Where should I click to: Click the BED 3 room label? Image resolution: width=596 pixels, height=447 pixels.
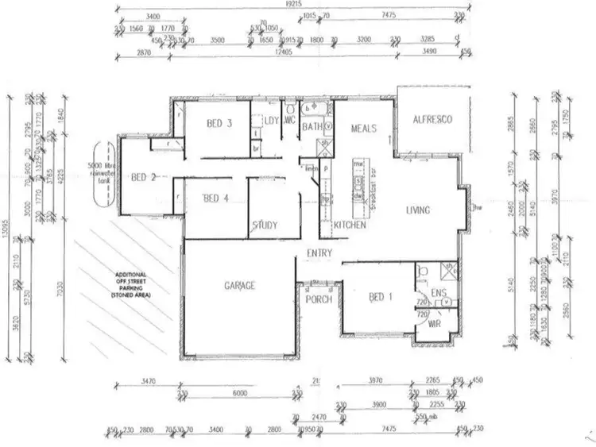[219, 124]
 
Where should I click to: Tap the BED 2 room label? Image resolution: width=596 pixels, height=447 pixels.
[143, 177]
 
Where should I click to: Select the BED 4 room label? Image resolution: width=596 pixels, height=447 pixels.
[216, 198]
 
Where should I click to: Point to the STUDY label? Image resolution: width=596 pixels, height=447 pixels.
[265, 225]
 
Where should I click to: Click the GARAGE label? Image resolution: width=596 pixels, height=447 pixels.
[238, 285]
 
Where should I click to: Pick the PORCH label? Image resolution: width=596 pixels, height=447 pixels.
[319, 299]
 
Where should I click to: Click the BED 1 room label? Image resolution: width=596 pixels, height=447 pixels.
[381, 297]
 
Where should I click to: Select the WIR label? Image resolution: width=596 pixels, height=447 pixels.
[435, 325]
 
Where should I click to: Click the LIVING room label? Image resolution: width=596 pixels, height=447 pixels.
[418, 210]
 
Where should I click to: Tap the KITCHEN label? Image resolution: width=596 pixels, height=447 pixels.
[350, 225]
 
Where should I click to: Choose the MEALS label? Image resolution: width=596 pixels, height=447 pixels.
[357, 128]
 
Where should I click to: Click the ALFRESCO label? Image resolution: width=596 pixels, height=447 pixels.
[432, 120]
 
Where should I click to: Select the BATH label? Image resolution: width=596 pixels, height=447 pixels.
[311, 126]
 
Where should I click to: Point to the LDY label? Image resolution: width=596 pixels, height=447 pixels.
[270, 121]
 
